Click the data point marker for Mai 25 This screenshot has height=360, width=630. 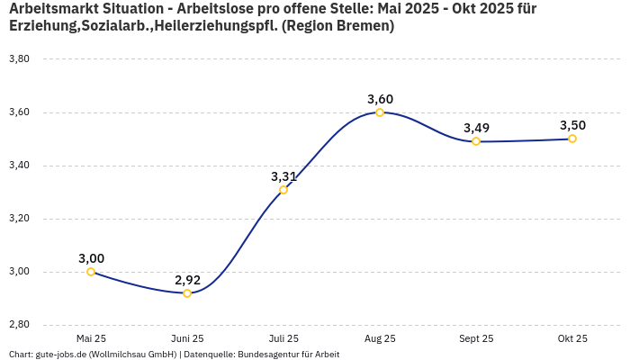pyautogui.click(x=91, y=272)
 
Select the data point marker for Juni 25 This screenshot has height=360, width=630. pyautogui.click(x=187, y=293)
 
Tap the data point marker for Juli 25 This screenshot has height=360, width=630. pyautogui.click(x=283, y=190)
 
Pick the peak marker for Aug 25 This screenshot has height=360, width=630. pyautogui.click(x=380, y=112)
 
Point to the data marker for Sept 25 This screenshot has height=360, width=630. pyautogui.click(x=476, y=141)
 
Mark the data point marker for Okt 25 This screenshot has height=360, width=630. pyautogui.click(x=572, y=139)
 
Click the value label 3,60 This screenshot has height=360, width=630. pyautogui.click(x=380, y=99)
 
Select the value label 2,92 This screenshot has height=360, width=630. pyautogui.click(x=187, y=280)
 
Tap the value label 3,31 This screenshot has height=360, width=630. pyautogui.click(x=283, y=176)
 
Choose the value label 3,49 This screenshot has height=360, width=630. pyautogui.click(x=476, y=128)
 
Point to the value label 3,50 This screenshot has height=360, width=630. pyautogui.click(x=572, y=125)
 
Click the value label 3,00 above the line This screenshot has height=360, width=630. pyautogui.click(x=91, y=258)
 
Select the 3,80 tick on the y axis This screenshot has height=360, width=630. pyautogui.click(x=19, y=59)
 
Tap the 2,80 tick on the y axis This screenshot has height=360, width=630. pyautogui.click(x=19, y=325)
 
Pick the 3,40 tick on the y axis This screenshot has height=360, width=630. pyautogui.click(x=19, y=166)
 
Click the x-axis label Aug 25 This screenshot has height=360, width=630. pyautogui.click(x=380, y=338)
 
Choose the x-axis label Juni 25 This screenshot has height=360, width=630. pyautogui.click(x=187, y=338)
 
